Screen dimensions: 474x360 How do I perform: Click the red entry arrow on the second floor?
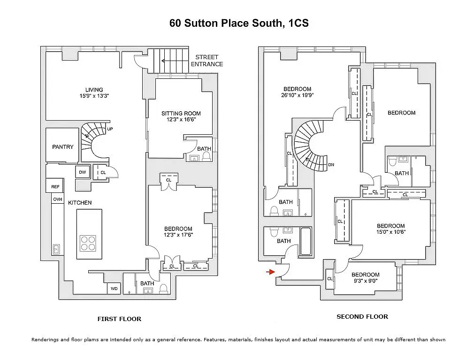(x=270, y=272)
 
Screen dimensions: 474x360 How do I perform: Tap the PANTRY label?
(x=62, y=147)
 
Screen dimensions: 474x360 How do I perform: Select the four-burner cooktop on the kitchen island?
(x=88, y=243)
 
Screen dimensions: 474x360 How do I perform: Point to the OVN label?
(x=57, y=199)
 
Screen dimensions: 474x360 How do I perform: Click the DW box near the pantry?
(x=83, y=172)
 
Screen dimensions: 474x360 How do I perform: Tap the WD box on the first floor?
(x=114, y=289)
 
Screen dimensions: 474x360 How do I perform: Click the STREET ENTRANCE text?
(x=207, y=61)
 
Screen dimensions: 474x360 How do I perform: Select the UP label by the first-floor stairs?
(x=110, y=129)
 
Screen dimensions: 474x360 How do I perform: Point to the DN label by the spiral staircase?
(x=331, y=165)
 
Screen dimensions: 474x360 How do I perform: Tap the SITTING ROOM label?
(x=181, y=114)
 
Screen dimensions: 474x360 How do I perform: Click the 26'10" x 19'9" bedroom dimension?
(x=298, y=95)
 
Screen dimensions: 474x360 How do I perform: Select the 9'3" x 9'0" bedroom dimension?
(x=366, y=281)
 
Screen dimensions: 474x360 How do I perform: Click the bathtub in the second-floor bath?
(x=306, y=242)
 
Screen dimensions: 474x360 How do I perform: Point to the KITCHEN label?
(x=80, y=203)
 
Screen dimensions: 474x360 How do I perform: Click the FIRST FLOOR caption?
(x=119, y=319)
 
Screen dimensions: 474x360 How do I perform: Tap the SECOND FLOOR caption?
(x=362, y=317)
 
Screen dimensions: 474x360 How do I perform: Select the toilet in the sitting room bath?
(x=207, y=156)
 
